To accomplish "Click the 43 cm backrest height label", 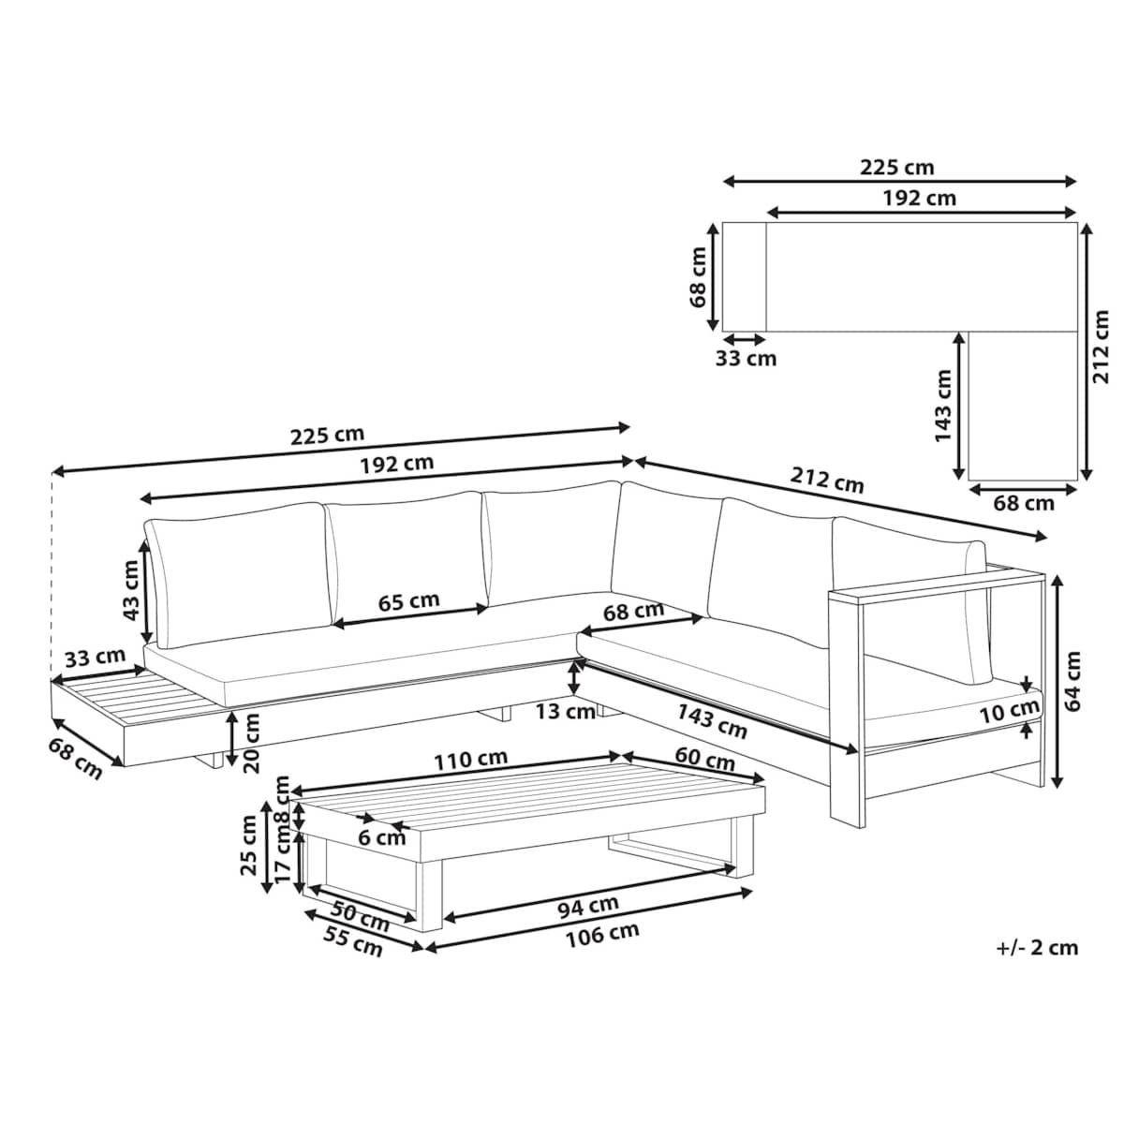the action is click(131, 590).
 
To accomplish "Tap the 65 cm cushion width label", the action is click(408, 601).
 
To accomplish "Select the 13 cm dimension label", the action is click(565, 712).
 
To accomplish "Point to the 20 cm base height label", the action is click(252, 743).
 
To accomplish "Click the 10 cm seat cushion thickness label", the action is click(1010, 710).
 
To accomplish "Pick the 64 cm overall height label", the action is click(1072, 681).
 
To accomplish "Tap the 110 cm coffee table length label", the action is click(471, 760).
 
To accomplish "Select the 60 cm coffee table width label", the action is click(704, 759).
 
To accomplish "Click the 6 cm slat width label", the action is click(381, 838).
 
